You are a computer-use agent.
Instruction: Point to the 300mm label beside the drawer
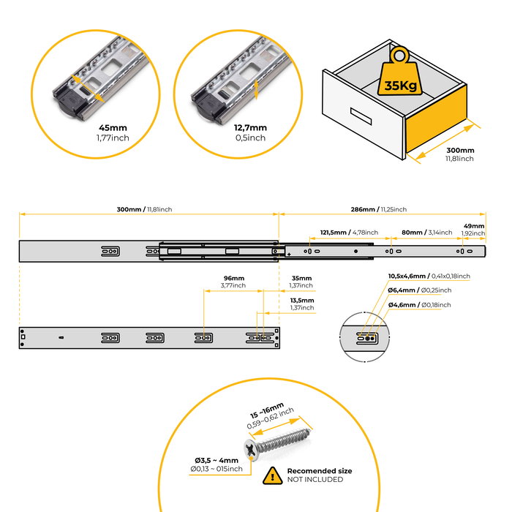(460, 150)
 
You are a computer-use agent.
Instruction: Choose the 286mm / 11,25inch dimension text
(378, 209)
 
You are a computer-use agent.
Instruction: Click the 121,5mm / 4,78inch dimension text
(347, 232)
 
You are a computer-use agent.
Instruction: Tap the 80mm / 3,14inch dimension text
(423, 232)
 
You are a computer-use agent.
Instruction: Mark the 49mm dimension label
(473, 226)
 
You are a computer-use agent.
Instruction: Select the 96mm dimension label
(234, 279)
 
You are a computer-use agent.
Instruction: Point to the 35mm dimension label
(301, 279)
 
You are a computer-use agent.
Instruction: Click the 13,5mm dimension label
(301, 300)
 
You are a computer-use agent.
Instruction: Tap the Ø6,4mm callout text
(420, 290)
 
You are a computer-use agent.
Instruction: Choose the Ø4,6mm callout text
(420, 304)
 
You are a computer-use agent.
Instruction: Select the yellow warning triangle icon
(272, 475)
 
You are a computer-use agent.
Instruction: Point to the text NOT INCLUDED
(315, 480)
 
